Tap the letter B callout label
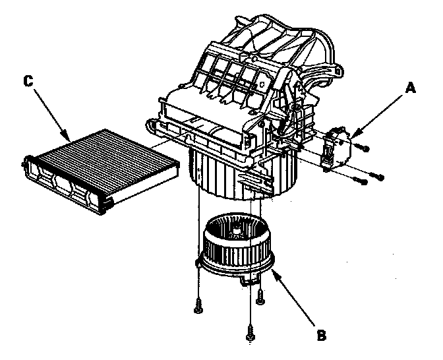pyautogui.click(x=321, y=336)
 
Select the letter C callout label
pyautogui.click(x=27, y=81)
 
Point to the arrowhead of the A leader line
pyautogui.click(x=353, y=136)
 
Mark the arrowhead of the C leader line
pyautogui.click(x=70, y=139)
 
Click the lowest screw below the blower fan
pyautogui.click(x=250, y=334)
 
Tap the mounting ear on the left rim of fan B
pyautogui.click(x=198, y=262)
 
